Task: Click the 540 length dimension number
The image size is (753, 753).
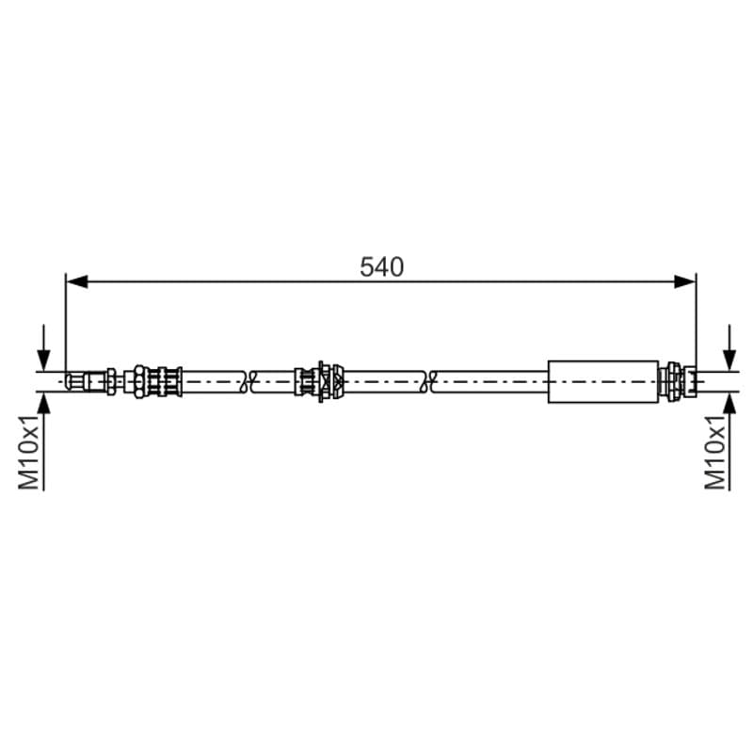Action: click(x=382, y=267)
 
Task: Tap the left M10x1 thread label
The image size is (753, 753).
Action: click(x=29, y=453)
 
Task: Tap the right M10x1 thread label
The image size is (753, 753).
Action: click(x=715, y=453)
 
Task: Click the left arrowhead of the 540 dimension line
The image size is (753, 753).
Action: click(x=77, y=281)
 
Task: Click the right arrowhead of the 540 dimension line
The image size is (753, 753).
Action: click(x=685, y=281)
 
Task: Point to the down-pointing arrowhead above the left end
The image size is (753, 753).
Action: click(x=43, y=360)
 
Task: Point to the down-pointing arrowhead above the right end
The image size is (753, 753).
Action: click(x=729, y=360)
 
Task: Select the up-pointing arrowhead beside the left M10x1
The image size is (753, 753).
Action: click(x=43, y=404)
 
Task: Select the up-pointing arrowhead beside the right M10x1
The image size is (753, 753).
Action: click(x=729, y=404)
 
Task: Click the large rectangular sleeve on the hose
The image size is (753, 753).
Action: click(x=603, y=382)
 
